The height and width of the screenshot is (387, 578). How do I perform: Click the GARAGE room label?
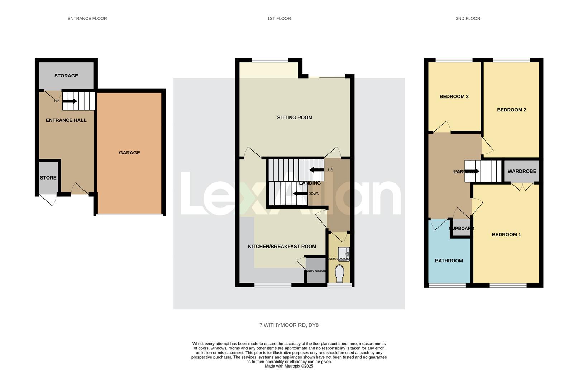coord(129,153)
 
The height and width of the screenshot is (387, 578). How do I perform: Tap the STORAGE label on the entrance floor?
coord(66,76)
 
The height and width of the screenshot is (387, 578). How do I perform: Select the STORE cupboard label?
coord(48,178)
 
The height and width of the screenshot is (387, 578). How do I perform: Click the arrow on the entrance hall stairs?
coord(70,101)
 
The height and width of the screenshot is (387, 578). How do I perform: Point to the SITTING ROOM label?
coord(295,118)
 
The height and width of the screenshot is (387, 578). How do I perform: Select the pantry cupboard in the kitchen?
coord(316,271)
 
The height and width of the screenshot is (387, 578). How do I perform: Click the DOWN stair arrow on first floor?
coord(300,194)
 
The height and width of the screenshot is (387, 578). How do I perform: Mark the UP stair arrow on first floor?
coord(316,170)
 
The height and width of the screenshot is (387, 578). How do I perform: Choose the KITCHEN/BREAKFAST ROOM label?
coord(282,247)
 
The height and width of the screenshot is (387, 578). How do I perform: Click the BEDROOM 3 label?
coord(454,96)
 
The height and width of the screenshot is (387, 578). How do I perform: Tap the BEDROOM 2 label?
coord(511,110)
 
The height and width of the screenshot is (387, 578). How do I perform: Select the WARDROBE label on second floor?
coord(522,171)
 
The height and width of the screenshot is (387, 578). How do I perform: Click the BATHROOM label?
coord(449,261)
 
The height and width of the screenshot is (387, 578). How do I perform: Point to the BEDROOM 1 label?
coord(506,235)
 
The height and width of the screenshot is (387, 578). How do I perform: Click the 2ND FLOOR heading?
coord(468,18)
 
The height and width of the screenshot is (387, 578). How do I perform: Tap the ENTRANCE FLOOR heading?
coord(87,18)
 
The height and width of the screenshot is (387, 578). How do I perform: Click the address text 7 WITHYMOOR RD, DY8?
coord(289,325)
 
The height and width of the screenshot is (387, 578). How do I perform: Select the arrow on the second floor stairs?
coord(472,171)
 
